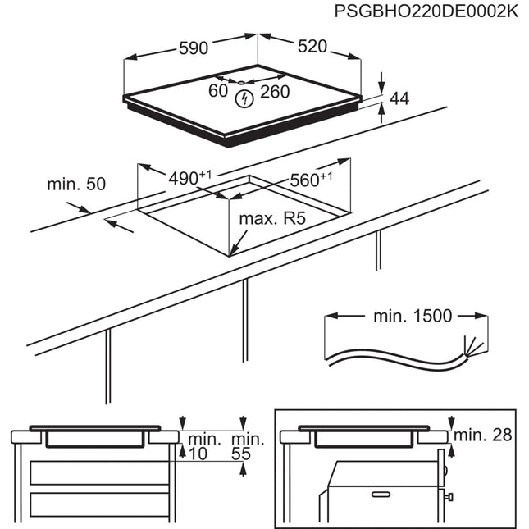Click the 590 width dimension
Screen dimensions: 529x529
click(194, 48)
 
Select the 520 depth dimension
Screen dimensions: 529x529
click(312, 48)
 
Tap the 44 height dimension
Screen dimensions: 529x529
click(399, 99)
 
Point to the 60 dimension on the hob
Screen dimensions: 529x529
click(217, 92)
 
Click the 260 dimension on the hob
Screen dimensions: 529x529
click(275, 92)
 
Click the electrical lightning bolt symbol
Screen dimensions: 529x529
click(243, 100)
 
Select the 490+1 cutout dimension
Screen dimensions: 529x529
click(189, 178)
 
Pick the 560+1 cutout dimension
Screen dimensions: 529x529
click(311, 180)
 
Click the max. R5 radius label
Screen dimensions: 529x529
click(272, 220)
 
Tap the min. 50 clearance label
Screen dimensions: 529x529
click(76, 185)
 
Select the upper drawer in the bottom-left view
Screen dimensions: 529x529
click(99, 472)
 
